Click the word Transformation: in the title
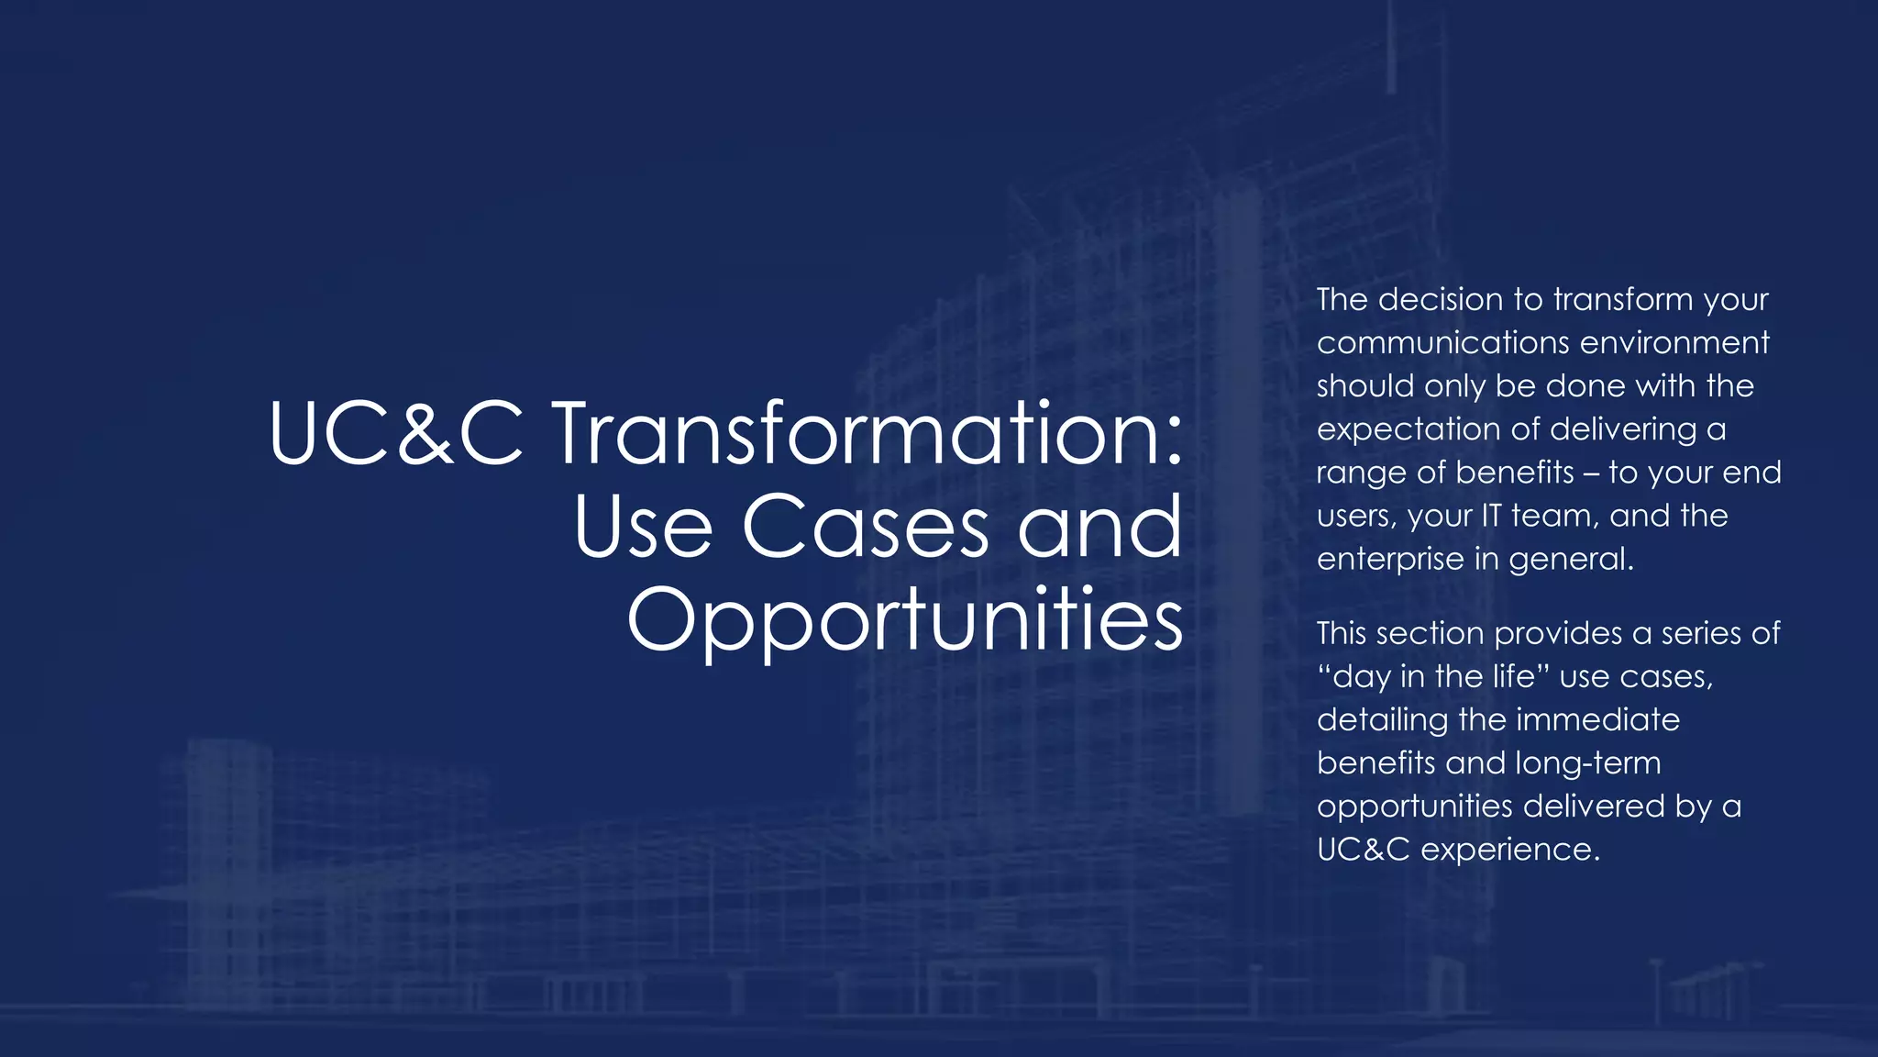tap(868, 433)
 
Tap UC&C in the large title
tap(396, 433)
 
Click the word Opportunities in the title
tap(905, 620)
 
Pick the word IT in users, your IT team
tap(1491, 516)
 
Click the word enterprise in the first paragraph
tap(1390, 559)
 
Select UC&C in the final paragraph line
tap(1363, 850)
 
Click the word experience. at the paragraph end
tap(1510, 850)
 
